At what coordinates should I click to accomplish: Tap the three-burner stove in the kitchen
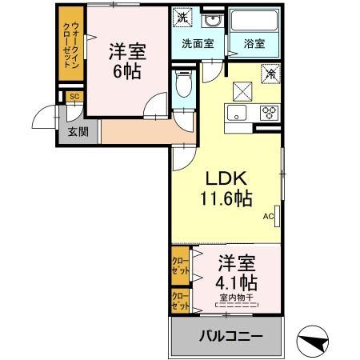268,111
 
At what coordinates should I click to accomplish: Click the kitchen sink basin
237,111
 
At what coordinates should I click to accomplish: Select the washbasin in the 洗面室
212,20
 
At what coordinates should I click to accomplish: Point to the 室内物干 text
236,298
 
